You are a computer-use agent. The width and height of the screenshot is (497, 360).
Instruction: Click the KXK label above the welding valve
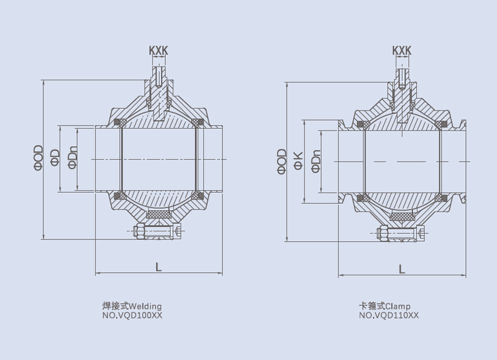click(x=158, y=50)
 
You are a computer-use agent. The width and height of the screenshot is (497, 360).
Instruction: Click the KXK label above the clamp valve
click(x=402, y=50)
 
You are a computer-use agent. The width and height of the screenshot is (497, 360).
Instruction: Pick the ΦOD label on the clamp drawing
click(x=282, y=160)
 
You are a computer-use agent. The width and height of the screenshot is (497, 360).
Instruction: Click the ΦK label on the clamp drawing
click(x=298, y=160)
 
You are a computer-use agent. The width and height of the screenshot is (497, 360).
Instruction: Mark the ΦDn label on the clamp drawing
click(x=316, y=160)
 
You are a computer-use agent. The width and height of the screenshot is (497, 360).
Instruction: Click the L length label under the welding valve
click(x=158, y=267)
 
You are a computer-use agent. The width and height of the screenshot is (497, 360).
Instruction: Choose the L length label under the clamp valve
click(x=402, y=269)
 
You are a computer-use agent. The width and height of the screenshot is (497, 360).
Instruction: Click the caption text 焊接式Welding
click(x=132, y=307)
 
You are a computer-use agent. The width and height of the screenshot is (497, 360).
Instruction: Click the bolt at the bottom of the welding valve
click(x=157, y=233)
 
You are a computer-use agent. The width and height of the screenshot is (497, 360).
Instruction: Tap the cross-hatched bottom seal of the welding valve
click(x=160, y=214)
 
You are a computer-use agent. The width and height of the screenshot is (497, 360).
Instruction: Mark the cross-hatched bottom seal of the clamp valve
click(x=403, y=216)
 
